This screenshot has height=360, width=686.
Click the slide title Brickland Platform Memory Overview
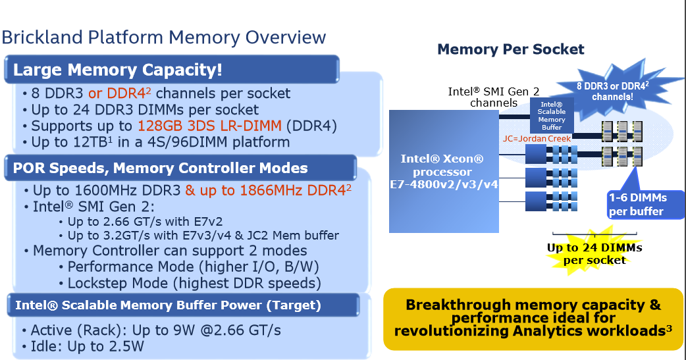(164, 38)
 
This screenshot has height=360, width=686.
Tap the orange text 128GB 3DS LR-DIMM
(209, 126)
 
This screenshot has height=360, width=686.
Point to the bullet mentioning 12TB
(156, 142)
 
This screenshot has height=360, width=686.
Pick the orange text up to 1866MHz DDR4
(268, 190)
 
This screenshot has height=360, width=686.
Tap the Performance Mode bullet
(189, 267)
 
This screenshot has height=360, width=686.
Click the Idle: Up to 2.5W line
(83, 346)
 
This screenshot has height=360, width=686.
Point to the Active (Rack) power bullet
(151, 330)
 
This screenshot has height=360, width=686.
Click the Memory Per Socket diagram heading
(511, 49)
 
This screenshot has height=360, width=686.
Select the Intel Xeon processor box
(444, 171)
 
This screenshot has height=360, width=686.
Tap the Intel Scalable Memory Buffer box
(551, 115)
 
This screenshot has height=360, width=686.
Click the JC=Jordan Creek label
(537, 139)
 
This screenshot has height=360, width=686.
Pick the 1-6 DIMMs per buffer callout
(646, 204)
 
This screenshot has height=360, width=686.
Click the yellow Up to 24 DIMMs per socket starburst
(594, 253)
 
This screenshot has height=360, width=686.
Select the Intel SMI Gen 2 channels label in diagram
(494, 97)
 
